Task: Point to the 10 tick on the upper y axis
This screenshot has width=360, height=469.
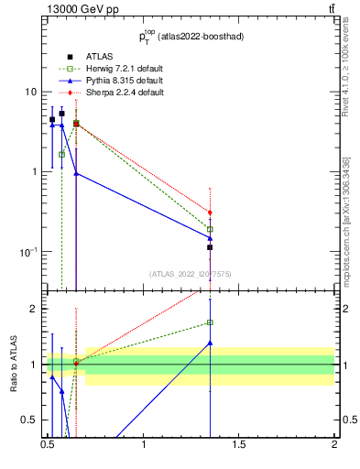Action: coord(31,92)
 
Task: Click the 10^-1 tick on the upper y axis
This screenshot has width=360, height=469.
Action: coord(29,251)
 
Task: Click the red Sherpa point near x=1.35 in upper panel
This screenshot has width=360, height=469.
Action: coord(210,213)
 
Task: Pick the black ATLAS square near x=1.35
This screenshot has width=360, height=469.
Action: coord(210,247)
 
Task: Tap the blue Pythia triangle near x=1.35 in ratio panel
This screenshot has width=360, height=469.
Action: coord(210,343)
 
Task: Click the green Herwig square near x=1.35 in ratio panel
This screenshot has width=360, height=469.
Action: coord(210,322)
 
